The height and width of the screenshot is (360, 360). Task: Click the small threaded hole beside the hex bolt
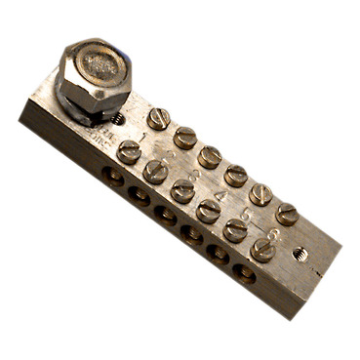(117, 119)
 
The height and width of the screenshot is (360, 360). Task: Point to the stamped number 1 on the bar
(143, 138)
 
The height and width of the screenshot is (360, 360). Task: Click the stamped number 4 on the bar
(221, 195)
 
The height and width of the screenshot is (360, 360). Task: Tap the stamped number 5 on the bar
(247, 214)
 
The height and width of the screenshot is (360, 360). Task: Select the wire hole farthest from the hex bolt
(245, 275)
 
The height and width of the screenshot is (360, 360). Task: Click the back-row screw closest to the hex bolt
(158, 119)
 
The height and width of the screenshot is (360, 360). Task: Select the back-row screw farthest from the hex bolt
(286, 214)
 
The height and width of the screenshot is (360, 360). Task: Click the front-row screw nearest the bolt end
(129, 151)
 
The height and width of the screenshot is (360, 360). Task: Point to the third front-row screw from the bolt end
(182, 190)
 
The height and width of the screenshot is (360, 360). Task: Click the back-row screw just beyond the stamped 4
(260, 194)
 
